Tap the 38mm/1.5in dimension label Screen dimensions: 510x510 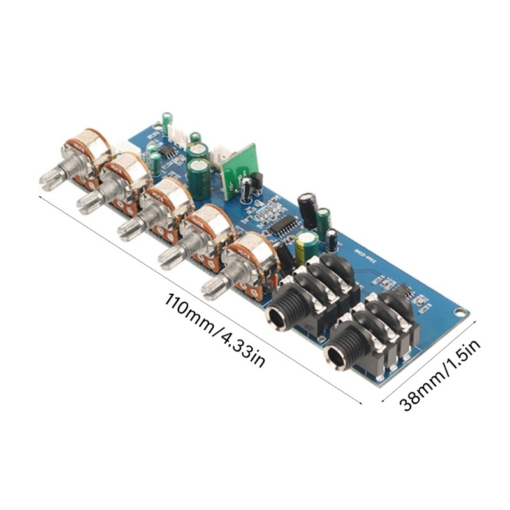tap(440, 374)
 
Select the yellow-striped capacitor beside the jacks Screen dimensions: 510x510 tap(307, 245)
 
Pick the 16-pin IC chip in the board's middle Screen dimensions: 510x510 tap(281, 224)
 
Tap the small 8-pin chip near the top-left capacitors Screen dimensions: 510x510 tap(168, 151)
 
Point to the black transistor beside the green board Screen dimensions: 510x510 tap(256, 180)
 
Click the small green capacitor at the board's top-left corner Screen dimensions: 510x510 tap(167, 120)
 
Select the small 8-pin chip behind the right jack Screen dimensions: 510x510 tap(402, 290)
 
